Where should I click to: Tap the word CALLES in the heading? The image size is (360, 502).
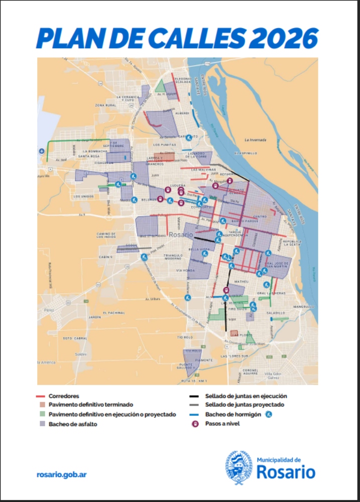click(x=180, y=37)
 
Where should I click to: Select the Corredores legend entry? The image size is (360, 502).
click(x=64, y=396)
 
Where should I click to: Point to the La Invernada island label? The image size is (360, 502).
click(x=255, y=140)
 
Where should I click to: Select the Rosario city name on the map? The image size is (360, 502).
click(x=181, y=234)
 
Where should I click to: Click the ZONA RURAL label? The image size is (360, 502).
click(x=106, y=105)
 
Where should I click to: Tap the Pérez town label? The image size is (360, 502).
click(x=49, y=310)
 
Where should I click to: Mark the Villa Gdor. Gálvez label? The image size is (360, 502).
click(x=276, y=375)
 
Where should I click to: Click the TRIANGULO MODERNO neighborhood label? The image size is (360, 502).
click(x=173, y=257)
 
